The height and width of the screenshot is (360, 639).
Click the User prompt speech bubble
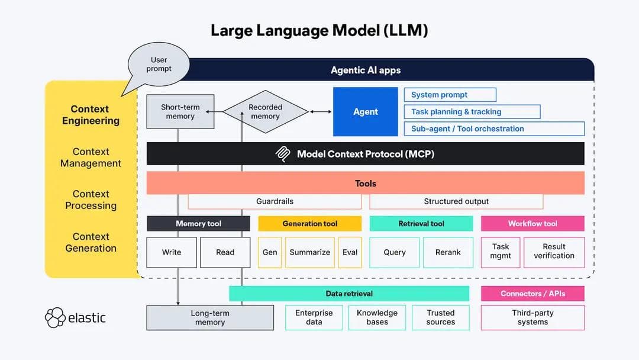159,65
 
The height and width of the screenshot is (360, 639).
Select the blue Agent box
365,112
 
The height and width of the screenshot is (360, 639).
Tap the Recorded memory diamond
265,112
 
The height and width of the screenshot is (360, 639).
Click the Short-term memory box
180,112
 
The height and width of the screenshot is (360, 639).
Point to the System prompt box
450,95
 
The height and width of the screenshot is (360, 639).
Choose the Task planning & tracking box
472,112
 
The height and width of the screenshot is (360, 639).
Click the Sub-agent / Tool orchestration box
494,128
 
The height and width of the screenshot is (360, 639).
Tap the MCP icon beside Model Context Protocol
283,154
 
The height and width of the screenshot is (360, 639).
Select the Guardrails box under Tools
275,201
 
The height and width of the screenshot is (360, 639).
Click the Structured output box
456,201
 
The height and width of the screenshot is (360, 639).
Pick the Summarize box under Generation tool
309,252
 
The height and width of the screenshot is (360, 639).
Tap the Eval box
350,252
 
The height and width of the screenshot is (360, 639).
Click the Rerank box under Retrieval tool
448,252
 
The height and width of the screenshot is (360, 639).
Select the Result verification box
554,252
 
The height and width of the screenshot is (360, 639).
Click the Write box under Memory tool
172,252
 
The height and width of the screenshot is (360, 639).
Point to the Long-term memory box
210,318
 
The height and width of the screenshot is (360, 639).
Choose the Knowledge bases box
377,317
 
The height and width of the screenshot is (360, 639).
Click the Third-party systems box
532,317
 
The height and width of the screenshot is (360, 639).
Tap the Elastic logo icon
55,317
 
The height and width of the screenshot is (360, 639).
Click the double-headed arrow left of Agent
321,112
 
